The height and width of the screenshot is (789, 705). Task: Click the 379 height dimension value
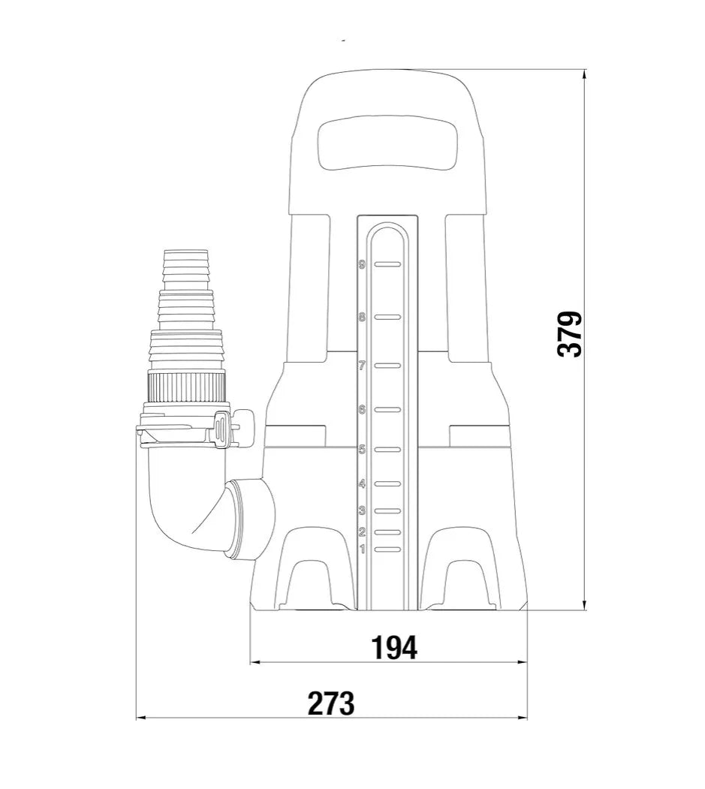pos(570,334)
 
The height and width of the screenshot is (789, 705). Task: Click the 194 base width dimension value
pos(394,648)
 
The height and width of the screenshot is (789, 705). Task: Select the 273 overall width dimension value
pos(330,703)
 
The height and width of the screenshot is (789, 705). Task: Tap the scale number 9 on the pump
pos(362,264)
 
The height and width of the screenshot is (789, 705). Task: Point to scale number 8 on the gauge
pos(362,317)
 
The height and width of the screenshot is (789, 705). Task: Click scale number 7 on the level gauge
pos(362,366)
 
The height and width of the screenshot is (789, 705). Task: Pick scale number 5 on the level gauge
pos(362,450)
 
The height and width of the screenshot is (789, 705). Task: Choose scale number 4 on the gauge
pos(362,484)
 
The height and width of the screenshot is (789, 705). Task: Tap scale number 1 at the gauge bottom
pos(363,549)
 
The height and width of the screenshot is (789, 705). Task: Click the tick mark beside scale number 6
pos(387,410)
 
